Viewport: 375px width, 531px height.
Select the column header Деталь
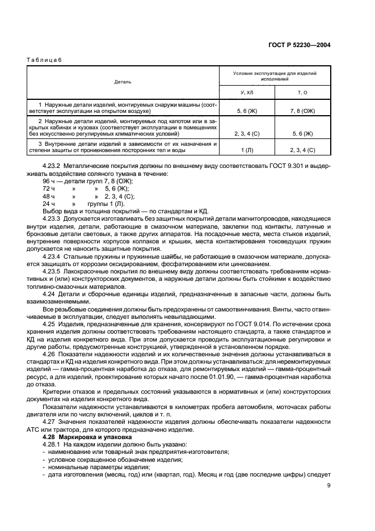(x=123, y=82)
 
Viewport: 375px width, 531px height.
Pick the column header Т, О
(x=302, y=92)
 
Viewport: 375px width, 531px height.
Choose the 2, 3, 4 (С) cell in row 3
(x=302, y=150)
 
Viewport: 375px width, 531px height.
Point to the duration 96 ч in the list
(x=49, y=181)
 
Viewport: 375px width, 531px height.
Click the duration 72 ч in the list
(x=49, y=188)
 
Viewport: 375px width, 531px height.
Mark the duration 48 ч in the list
(x=49, y=196)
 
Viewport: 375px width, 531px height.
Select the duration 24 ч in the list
(x=49, y=203)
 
